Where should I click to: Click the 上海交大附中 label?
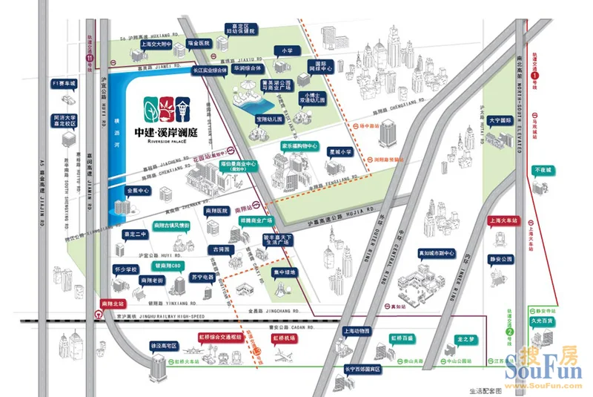click(155, 43)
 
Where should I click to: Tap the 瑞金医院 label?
click(199, 43)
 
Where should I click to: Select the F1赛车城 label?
click(64, 83)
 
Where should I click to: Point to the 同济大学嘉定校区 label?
click(65, 120)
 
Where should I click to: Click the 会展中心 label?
click(139, 191)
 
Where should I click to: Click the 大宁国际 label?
click(500, 119)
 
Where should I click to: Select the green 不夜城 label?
click(543, 171)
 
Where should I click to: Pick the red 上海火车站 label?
click(503, 220)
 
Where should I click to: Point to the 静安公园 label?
click(501, 259)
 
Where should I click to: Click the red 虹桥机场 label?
click(285, 338)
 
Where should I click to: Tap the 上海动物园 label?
click(357, 331)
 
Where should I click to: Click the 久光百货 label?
click(543, 321)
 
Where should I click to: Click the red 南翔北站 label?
click(114, 303)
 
